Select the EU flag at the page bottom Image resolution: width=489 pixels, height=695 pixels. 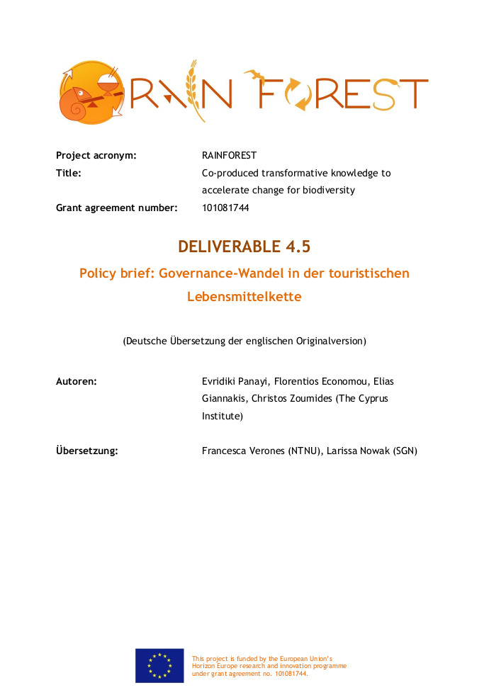pos(159,666)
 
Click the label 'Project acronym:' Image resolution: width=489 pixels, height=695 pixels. pos(96,155)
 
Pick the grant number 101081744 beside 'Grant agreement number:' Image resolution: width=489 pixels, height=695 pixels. pos(225,208)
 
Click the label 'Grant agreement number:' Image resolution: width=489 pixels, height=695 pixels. pos(116,208)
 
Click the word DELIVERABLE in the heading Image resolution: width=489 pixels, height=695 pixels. pos(230,247)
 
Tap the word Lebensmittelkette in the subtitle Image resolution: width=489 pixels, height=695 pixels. pos(244,297)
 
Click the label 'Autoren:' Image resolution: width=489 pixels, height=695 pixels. pos(77,381)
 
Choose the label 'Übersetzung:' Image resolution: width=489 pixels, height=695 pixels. pos(86,450)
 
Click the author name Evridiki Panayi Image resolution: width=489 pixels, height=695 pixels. pos(236,381)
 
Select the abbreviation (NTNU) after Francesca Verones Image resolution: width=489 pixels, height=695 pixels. pos(305,450)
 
